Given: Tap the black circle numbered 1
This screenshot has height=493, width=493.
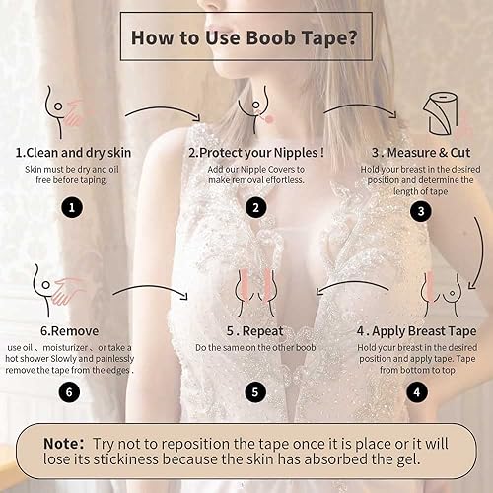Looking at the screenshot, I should [71, 207].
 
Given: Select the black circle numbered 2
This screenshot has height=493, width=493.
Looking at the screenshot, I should [256, 207].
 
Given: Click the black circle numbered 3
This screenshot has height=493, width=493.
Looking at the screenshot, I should [422, 210].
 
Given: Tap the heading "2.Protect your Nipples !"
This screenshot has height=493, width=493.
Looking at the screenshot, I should [255, 154].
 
